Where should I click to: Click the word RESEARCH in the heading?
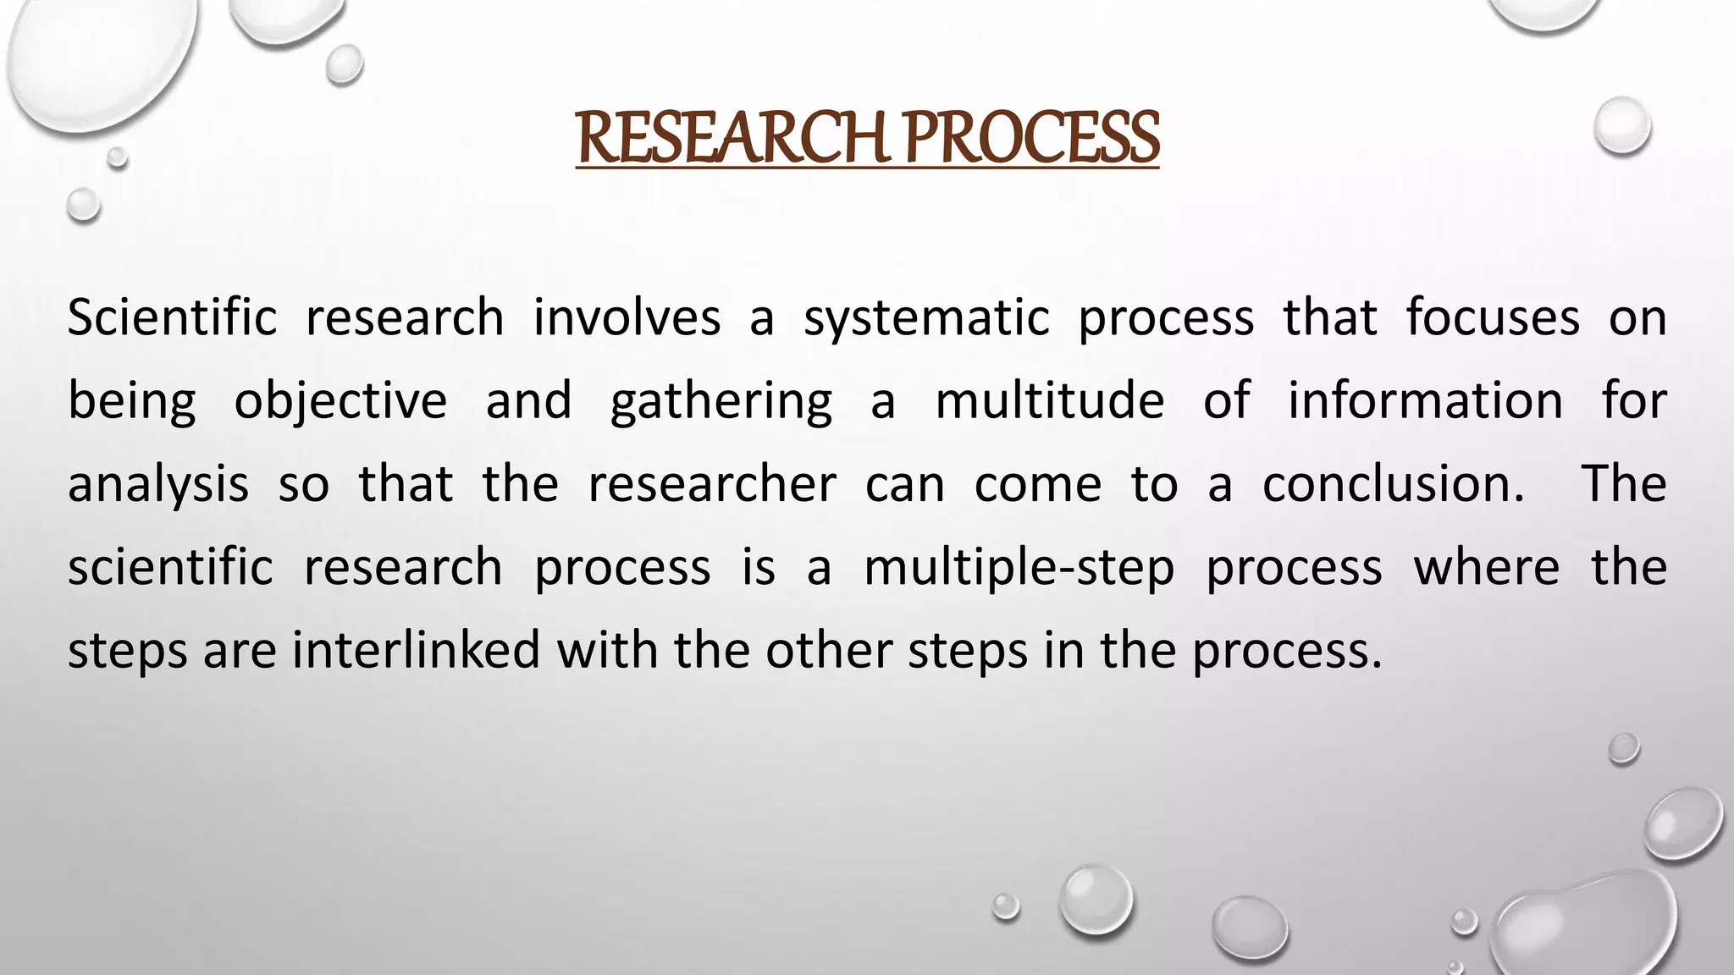click(x=732, y=140)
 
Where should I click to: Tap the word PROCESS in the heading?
click(x=1031, y=140)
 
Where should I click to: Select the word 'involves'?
click(x=627, y=318)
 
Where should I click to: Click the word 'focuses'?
click(x=1493, y=318)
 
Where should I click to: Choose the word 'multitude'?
click(x=1050, y=401)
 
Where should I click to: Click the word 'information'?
click(x=1426, y=401)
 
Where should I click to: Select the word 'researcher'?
click(x=712, y=484)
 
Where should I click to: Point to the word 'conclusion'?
click(x=1387, y=484)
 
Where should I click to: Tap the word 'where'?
click(x=1487, y=567)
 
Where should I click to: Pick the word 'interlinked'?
click(x=417, y=650)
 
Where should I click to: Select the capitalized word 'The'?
click(x=1624, y=484)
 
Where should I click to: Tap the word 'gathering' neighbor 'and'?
click(x=528, y=401)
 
